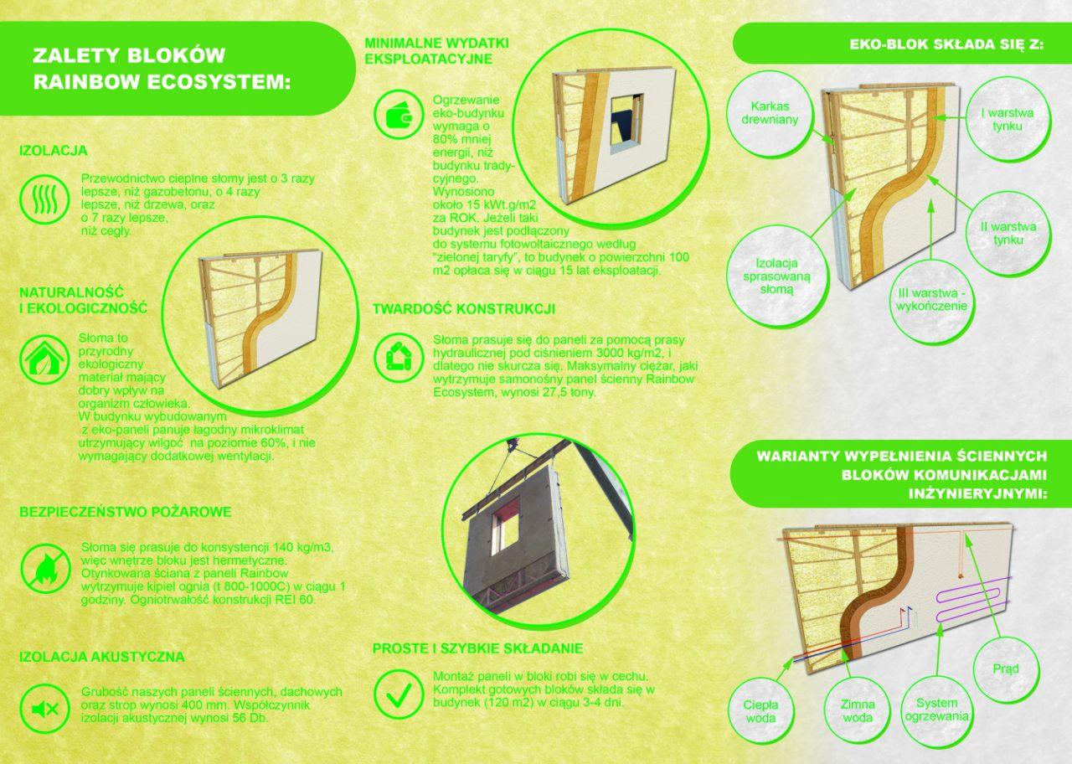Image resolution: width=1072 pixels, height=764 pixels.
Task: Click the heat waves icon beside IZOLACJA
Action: coord(44,199)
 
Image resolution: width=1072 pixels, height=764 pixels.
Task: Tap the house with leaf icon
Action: coord(44,359)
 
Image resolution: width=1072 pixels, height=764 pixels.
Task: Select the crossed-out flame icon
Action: coord(45,569)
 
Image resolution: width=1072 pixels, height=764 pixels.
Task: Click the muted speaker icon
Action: coord(45,709)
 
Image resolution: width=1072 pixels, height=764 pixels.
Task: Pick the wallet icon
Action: coord(399,116)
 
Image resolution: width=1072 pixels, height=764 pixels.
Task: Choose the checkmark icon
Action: coord(399,694)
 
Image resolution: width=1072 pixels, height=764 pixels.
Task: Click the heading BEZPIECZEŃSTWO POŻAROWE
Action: coord(126,512)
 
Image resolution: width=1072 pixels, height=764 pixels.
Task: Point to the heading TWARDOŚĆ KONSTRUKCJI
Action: coord(464,309)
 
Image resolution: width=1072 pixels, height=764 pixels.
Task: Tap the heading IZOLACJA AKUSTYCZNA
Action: coord(102,656)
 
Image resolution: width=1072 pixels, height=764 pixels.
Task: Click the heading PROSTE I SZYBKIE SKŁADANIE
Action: coord(477,648)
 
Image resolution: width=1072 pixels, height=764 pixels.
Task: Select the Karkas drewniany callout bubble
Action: coord(770,113)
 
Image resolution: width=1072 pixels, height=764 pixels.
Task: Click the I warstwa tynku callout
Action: coord(1007,120)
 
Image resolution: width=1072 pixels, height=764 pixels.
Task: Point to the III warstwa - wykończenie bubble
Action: coord(930,300)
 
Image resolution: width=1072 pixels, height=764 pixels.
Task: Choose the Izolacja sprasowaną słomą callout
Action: coord(776,276)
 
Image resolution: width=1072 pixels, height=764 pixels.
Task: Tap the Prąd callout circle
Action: coord(1006,669)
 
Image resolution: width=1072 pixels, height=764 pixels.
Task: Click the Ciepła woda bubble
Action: coord(761,711)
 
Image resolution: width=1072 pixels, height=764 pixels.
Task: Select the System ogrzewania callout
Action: coord(937,710)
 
